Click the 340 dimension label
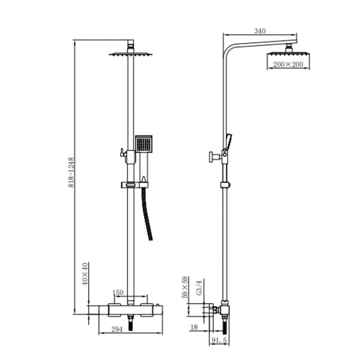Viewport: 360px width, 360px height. (x=259, y=32)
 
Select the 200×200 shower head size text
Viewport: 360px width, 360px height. (x=287, y=65)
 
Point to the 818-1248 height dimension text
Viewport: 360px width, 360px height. (x=71, y=172)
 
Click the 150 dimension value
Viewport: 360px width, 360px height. (x=117, y=292)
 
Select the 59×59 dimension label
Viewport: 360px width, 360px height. (x=186, y=288)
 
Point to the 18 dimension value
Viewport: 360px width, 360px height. (x=193, y=328)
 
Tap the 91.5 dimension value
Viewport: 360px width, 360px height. (x=220, y=340)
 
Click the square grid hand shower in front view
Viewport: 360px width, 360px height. (x=143, y=145)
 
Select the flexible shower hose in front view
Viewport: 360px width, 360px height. (x=148, y=216)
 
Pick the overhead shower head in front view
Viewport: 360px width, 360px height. (x=131, y=54)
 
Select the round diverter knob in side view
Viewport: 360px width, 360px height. (x=211, y=157)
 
